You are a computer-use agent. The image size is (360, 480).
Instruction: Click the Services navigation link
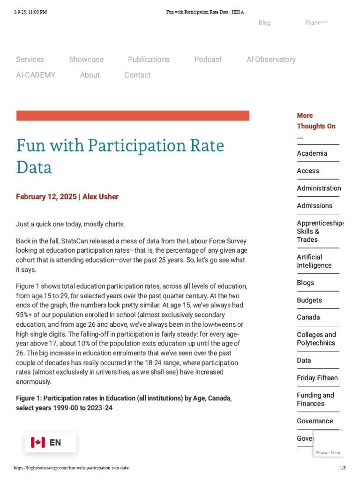pyautogui.click(x=30, y=60)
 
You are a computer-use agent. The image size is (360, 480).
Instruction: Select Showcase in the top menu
pyautogui.click(x=86, y=60)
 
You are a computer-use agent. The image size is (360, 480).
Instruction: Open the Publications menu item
pyautogui.click(x=149, y=60)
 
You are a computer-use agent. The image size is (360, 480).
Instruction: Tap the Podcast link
pyautogui.click(x=208, y=60)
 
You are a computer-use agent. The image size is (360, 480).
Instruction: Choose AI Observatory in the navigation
pyautogui.click(x=271, y=60)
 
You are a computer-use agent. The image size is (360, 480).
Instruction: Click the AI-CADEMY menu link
pyautogui.click(x=36, y=75)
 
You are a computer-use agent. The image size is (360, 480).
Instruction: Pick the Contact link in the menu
pyautogui.click(x=137, y=75)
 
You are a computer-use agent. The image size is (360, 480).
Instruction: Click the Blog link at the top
pyautogui.click(x=264, y=23)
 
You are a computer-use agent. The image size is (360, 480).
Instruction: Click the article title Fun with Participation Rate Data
pyautogui.click(x=120, y=156)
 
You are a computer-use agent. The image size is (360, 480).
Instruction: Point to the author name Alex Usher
pyautogui.click(x=100, y=197)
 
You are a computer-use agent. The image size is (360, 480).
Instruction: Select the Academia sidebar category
pyautogui.click(x=312, y=153)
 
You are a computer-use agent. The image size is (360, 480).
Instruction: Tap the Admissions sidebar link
pyautogui.click(x=314, y=205)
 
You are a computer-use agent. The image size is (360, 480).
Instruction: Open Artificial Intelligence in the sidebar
pyautogui.click(x=314, y=261)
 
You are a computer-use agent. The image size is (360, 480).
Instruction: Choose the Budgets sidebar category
pyautogui.click(x=309, y=300)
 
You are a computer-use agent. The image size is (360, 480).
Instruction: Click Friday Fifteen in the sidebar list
pyautogui.click(x=317, y=378)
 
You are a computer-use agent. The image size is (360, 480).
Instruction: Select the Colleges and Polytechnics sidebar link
pyautogui.click(x=316, y=338)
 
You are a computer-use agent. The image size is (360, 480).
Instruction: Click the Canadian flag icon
pyautogui.click(x=38, y=442)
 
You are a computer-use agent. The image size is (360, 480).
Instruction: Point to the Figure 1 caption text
pyautogui.click(x=124, y=403)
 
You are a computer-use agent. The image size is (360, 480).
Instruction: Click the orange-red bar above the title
pyautogui.click(x=133, y=116)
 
